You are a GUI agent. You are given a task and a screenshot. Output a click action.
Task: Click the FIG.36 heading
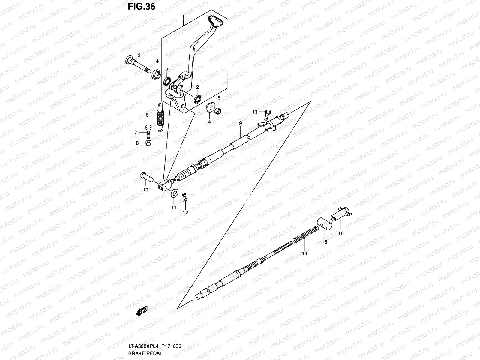pyautogui.click(x=142, y=6)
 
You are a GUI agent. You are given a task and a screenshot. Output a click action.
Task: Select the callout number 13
pyautogui.click(x=255, y=112)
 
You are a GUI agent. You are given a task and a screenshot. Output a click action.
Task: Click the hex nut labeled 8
pyautogui.click(x=148, y=143)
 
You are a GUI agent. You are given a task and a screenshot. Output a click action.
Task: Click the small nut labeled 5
pyautogui.click(x=219, y=111)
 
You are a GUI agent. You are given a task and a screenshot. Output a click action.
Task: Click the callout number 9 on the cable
pyautogui.click(x=240, y=123)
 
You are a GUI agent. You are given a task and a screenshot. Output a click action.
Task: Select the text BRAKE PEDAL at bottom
pyautogui.click(x=145, y=353)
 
